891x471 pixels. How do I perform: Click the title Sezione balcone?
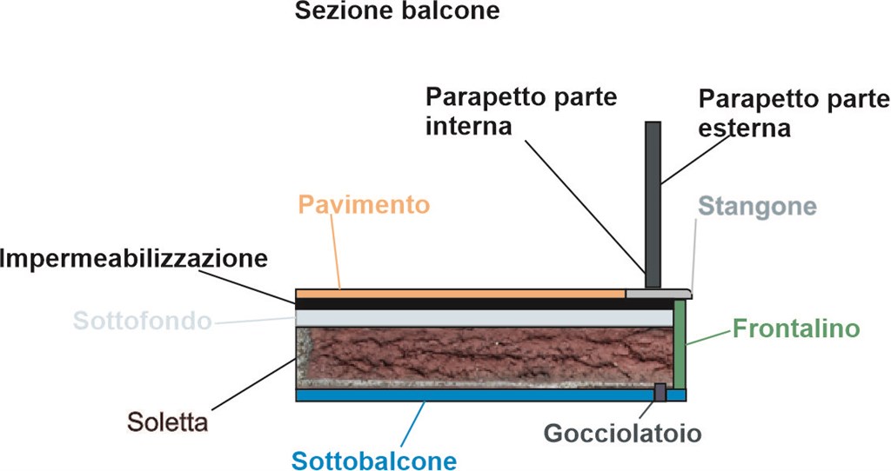click(x=397, y=12)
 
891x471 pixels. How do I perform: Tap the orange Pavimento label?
click(x=364, y=205)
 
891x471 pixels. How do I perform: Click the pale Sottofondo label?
click(x=142, y=321)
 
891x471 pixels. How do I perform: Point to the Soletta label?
click(x=167, y=424)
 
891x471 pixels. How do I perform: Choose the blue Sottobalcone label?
click(x=374, y=459)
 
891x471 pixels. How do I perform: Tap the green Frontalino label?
click(x=796, y=329)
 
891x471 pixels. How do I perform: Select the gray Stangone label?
click(x=758, y=207)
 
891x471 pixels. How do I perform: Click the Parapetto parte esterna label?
click(x=794, y=113)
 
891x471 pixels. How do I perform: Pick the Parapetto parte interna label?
click(x=521, y=111)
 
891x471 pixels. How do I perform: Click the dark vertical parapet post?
click(x=653, y=200)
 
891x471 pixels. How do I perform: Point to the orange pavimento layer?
click(x=461, y=293)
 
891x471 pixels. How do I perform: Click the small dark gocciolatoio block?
click(x=660, y=392)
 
